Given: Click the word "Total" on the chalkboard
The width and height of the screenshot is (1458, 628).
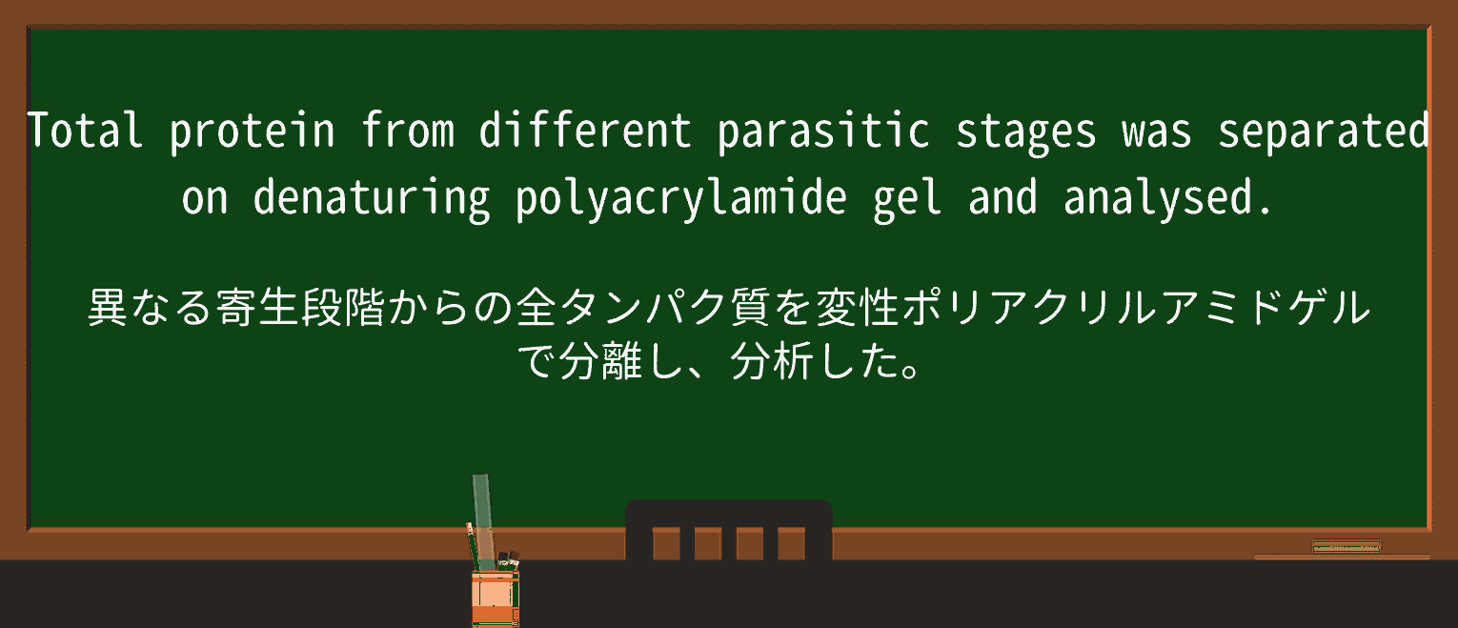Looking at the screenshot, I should (x=84, y=131).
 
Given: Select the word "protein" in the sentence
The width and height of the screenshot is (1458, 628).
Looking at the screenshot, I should (x=253, y=131).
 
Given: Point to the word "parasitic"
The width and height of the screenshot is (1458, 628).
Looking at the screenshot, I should (x=823, y=131).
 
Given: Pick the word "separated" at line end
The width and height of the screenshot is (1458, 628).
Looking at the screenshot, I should (x=1323, y=131).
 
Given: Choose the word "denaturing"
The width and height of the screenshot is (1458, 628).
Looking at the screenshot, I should (x=372, y=198).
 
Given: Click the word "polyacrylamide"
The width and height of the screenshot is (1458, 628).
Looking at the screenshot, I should (x=680, y=198).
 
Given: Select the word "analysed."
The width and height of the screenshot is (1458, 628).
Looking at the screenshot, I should (x=1168, y=198).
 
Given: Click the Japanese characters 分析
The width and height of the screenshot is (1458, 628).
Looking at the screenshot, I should (x=772, y=361).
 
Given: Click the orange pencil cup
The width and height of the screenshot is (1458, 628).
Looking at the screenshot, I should (x=495, y=595).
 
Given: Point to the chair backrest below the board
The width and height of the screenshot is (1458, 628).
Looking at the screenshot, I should (x=729, y=530).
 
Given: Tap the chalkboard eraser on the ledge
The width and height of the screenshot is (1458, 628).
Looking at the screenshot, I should (x=1346, y=547).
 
